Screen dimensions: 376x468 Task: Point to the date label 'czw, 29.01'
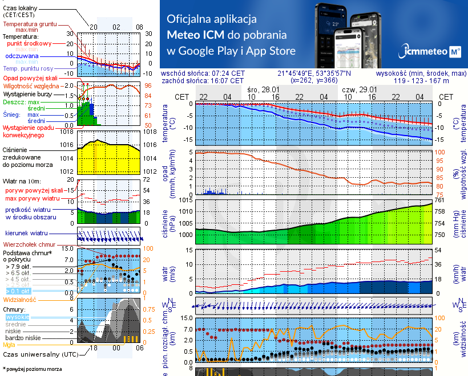[360, 89]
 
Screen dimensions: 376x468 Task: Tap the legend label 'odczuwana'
[22, 56]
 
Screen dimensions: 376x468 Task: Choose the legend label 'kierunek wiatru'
[25, 234]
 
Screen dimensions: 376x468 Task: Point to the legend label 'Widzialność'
[20, 299]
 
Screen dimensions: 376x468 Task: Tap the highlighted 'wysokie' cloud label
[17, 317]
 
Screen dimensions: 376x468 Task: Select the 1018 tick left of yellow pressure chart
[68, 132]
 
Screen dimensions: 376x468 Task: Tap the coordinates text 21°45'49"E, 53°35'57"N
[314, 73]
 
